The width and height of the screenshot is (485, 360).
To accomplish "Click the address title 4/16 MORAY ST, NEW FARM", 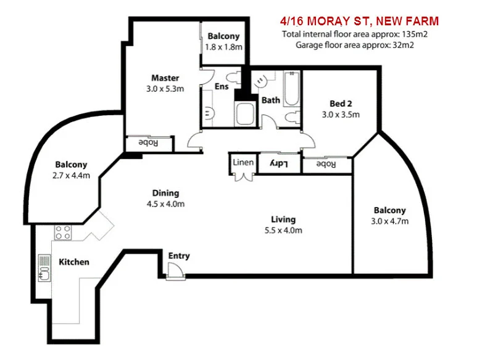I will point(359,22).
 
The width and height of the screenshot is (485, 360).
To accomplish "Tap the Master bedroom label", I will point(165,78).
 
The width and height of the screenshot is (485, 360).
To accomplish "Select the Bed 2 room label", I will point(340,104).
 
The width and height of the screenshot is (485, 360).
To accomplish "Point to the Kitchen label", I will point(74,262).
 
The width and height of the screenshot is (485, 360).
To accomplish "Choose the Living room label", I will point(283,219).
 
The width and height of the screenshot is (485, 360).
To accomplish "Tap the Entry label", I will point(179,256).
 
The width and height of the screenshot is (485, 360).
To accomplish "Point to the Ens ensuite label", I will point(222,87).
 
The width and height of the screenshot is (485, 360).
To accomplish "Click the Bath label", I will point(270,100).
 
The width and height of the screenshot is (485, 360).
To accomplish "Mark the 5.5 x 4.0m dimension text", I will point(284,231).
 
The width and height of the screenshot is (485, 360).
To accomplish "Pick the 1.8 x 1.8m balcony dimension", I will point(223,47).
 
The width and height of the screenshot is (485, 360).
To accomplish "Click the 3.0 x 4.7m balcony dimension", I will point(389,221).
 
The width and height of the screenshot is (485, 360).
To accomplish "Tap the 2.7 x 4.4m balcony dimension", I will point(72,176).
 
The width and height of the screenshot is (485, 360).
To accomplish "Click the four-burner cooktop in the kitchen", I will point(63,232).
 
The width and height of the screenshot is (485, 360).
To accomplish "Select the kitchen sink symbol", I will point(44,266).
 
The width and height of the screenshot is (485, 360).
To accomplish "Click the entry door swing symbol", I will point(175,269).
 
